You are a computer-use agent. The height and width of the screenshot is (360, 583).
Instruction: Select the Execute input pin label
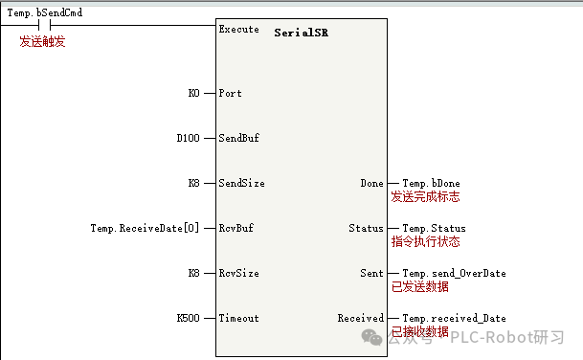click(x=239, y=29)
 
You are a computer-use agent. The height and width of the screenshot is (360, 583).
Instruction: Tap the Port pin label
click(x=231, y=94)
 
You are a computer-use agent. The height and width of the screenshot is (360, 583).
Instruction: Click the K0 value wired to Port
click(x=194, y=94)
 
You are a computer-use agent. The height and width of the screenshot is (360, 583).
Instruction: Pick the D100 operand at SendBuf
click(x=189, y=138)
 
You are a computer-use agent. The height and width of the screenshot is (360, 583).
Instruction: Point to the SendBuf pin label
click(x=239, y=138)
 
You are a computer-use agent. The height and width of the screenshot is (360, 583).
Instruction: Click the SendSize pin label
click(x=242, y=183)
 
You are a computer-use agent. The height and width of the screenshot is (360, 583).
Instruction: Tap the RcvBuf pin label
click(x=236, y=228)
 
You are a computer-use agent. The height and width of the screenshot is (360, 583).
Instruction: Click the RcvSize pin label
click(x=239, y=273)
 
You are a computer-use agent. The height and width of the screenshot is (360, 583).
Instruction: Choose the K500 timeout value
click(x=189, y=318)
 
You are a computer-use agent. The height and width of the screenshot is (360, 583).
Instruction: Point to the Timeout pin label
click(x=239, y=318)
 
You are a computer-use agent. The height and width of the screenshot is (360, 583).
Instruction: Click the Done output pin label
click(x=371, y=183)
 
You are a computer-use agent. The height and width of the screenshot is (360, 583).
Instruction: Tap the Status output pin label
click(x=366, y=228)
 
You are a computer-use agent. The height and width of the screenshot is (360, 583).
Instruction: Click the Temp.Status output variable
click(x=434, y=228)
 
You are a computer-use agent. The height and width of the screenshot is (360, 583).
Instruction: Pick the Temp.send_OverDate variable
click(x=454, y=273)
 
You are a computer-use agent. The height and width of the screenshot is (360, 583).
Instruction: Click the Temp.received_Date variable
click(x=454, y=318)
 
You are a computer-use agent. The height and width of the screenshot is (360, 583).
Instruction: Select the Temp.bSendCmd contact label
click(x=44, y=12)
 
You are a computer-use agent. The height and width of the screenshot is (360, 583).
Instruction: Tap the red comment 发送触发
click(x=42, y=42)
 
